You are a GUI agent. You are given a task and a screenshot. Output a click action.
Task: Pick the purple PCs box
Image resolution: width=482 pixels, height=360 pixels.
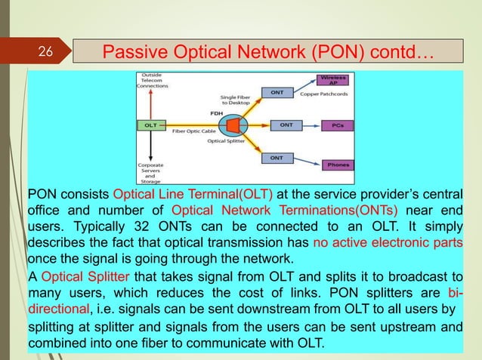coord(335,125)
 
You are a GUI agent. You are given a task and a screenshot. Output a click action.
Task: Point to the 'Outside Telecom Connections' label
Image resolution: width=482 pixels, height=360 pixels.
coord(152,80)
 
